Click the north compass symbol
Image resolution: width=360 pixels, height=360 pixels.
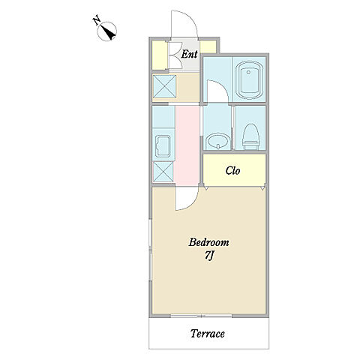[x=107, y=31]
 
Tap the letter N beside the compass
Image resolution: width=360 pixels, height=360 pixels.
[x=97, y=20]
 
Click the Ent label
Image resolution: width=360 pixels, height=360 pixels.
[x=189, y=54]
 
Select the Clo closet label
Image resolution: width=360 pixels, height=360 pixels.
[x=232, y=170]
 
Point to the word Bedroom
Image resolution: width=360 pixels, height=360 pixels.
[x=208, y=242]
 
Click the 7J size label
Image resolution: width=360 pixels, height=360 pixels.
[x=208, y=256]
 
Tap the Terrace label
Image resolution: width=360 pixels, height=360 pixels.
[x=208, y=334]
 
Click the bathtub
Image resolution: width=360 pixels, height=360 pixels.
[x=250, y=80]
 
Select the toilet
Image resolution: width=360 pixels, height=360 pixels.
[x=250, y=137]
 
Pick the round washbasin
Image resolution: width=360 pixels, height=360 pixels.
[x=218, y=141]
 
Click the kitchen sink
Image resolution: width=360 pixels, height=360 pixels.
[x=163, y=146]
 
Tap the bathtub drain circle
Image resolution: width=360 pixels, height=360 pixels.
[x=248, y=72]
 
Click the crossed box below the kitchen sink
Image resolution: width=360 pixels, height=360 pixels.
[x=163, y=171]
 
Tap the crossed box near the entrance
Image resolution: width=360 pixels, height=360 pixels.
[x=164, y=86]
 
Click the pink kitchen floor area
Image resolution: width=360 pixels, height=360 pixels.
[x=187, y=145]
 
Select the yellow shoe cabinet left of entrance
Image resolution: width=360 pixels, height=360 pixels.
[x=160, y=55]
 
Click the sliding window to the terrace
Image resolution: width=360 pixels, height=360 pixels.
[x=201, y=316]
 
